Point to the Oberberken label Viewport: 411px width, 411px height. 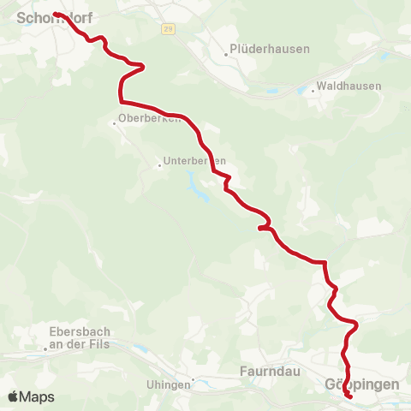150,118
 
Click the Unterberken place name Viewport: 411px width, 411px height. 195,160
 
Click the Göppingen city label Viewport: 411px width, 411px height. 362,384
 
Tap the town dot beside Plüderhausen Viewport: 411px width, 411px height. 227,54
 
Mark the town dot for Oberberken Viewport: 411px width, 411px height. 114,123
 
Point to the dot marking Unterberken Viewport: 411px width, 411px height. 159,165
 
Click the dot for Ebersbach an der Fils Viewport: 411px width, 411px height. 46,349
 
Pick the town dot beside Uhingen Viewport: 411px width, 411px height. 194,379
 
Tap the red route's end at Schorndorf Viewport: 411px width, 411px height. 55,14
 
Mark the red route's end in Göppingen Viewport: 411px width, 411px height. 349,396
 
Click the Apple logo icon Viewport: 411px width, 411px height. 14,396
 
